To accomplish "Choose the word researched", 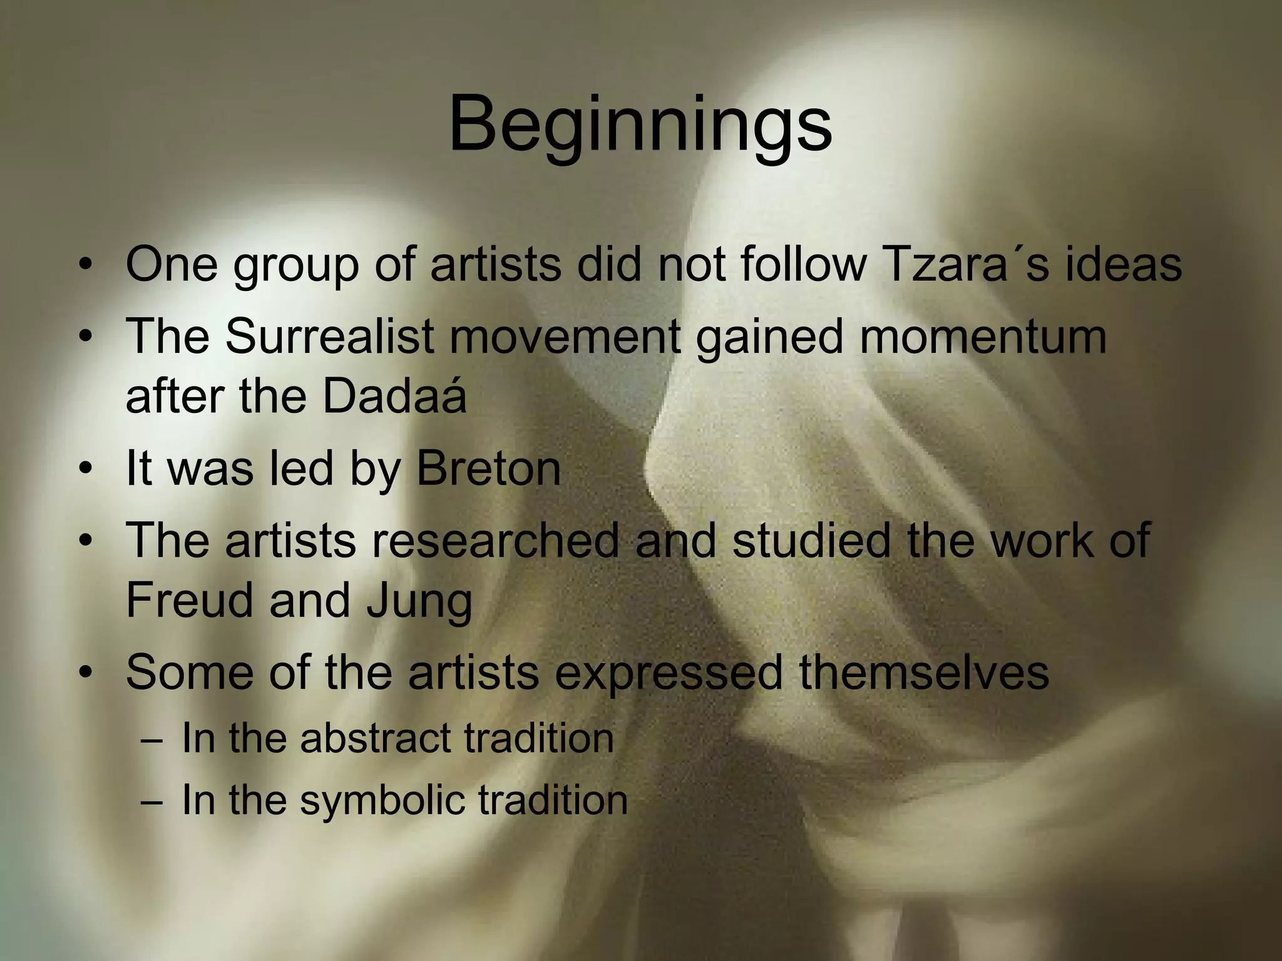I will [495, 539].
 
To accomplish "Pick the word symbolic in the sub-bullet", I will [382, 800].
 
